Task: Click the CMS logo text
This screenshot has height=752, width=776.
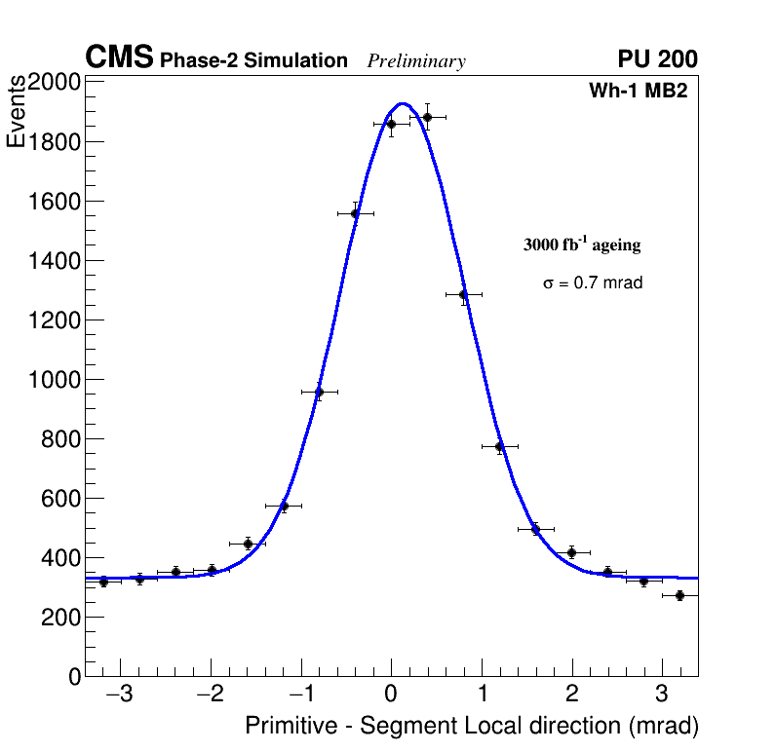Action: coord(119,58)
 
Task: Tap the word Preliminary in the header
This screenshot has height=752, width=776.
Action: coord(416,61)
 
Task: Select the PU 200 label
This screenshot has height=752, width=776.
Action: coord(657,59)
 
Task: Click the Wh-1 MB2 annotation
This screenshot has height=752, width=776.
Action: coord(639,92)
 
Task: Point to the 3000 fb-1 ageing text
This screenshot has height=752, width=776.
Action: coord(582,244)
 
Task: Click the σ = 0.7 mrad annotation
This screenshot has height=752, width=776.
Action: coord(593,283)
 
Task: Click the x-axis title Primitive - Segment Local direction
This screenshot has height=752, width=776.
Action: coord(472,727)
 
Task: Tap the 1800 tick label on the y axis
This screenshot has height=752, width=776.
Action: coord(54,142)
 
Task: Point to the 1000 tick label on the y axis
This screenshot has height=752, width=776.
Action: coord(54,380)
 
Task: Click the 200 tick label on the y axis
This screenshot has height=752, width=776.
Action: coord(60,618)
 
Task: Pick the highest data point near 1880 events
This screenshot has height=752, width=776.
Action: coord(427,117)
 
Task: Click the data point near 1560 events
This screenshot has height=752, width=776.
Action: coord(355,213)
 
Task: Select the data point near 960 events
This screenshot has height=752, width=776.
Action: coord(319,392)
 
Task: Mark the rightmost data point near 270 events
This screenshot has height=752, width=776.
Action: coord(679,595)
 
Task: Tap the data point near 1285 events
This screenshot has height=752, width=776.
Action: coord(463,294)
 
